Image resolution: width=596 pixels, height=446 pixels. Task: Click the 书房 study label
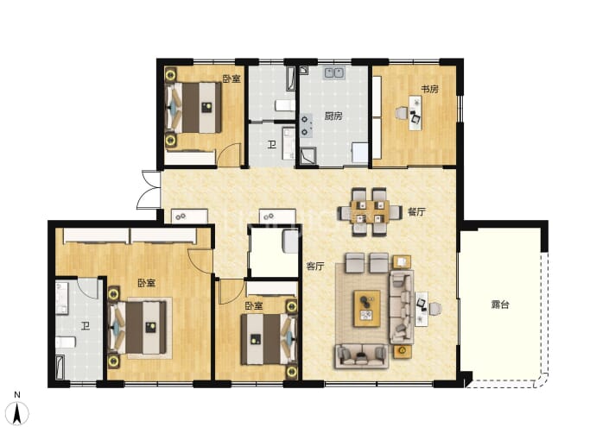click(x=429, y=89)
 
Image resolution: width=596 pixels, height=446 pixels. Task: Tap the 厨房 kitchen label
click(x=333, y=116)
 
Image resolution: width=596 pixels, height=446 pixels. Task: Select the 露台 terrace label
click(x=500, y=305)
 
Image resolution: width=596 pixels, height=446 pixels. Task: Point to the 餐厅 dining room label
click(x=416, y=212)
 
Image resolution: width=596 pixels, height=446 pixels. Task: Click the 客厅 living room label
click(x=315, y=266)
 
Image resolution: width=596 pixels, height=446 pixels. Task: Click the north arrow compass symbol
click(x=17, y=411)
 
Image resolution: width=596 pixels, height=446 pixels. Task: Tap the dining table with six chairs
click(x=370, y=212)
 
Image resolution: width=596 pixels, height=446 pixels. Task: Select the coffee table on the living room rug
click(x=367, y=309)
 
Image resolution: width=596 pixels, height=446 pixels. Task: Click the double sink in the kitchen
click(x=334, y=72)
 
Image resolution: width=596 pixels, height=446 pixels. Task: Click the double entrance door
click(x=149, y=190)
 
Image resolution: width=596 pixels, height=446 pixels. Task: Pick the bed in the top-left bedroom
click(x=194, y=108)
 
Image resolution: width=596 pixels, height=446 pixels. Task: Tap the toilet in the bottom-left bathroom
click(x=66, y=342)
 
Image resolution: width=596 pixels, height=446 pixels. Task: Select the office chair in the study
click(x=402, y=113)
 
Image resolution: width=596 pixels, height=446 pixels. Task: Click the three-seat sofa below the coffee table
click(x=361, y=356)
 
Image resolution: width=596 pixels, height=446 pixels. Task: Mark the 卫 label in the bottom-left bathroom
click(x=86, y=326)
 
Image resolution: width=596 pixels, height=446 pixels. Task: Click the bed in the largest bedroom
click(x=138, y=328)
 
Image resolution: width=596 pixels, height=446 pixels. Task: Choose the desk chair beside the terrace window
click(x=435, y=308)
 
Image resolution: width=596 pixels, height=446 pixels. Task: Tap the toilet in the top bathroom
click(x=285, y=104)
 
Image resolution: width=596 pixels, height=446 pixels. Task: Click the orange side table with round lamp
click(x=403, y=351)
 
